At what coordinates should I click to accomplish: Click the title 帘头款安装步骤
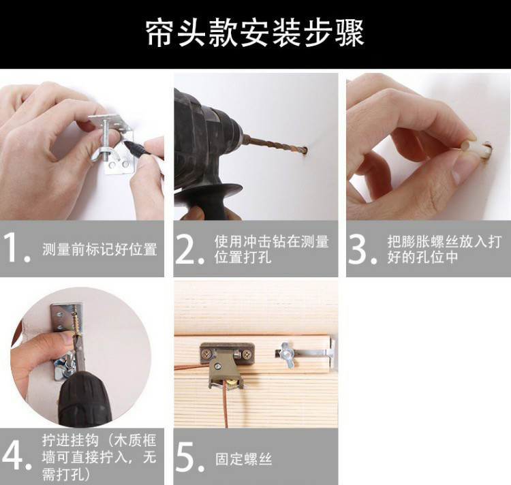[x=255, y=33]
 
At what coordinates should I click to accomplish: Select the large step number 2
[x=189, y=249]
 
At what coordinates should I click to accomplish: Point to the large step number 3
[x=362, y=249]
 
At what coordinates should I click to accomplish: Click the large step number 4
[x=16, y=455]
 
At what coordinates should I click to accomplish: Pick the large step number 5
[x=189, y=456]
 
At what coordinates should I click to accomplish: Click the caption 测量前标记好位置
[x=99, y=249]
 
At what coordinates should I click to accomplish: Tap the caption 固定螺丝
[x=243, y=459]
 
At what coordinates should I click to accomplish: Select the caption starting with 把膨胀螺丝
[x=444, y=249]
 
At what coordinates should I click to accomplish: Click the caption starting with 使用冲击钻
[x=272, y=249]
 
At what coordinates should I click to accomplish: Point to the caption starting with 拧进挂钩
[x=99, y=457]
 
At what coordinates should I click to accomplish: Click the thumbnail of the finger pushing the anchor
[x=429, y=146]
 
